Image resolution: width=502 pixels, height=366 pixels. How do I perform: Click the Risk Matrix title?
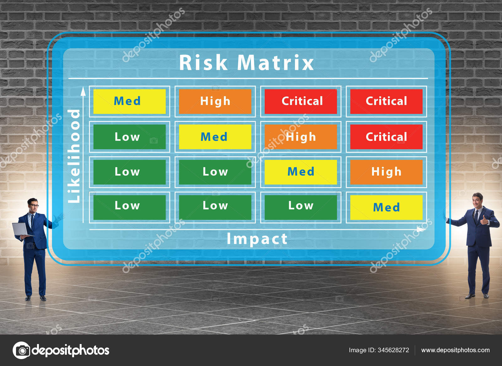point(246,62)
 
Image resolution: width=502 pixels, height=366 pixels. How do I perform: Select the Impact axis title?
point(257,239)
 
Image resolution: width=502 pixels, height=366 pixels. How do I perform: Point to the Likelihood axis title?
point(74,156)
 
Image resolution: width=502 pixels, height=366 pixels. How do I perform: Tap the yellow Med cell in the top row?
point(129,101)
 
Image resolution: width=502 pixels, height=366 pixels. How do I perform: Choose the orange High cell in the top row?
point(215,101)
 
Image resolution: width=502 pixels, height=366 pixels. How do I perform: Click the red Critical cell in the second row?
point(386,137)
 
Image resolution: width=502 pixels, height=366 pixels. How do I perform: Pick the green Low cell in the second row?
point(129,137)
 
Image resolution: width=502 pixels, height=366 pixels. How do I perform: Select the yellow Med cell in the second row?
point(215,137)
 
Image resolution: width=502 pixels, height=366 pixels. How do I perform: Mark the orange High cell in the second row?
point(301,137)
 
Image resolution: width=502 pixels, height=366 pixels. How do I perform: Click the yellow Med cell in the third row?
point(301,172)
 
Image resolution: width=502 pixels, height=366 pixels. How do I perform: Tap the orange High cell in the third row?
point(386,172)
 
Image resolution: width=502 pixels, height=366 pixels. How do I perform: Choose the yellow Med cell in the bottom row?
point(386,207)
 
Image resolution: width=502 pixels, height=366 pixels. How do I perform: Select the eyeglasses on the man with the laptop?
point(34,206)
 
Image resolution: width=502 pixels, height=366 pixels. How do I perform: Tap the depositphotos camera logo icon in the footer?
point(21,350)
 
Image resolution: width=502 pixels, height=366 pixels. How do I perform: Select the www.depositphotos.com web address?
point(455,350)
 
